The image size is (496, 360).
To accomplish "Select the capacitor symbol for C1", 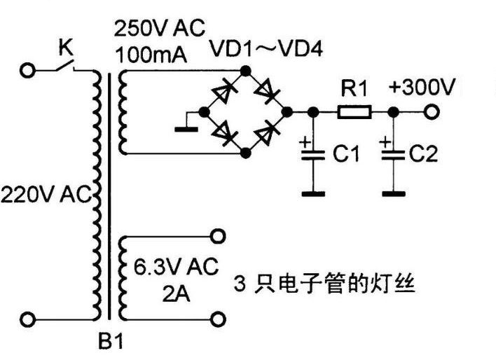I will tap(314, 155).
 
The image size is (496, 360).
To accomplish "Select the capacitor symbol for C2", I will tap(394, 155).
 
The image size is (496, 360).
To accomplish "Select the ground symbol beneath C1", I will tap(314, 191).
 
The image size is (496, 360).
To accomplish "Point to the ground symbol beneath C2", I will tap(394, 191).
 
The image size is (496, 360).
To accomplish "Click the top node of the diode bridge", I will tap(244, 70).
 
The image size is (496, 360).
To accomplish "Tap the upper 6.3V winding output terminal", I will tap(219, 236).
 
